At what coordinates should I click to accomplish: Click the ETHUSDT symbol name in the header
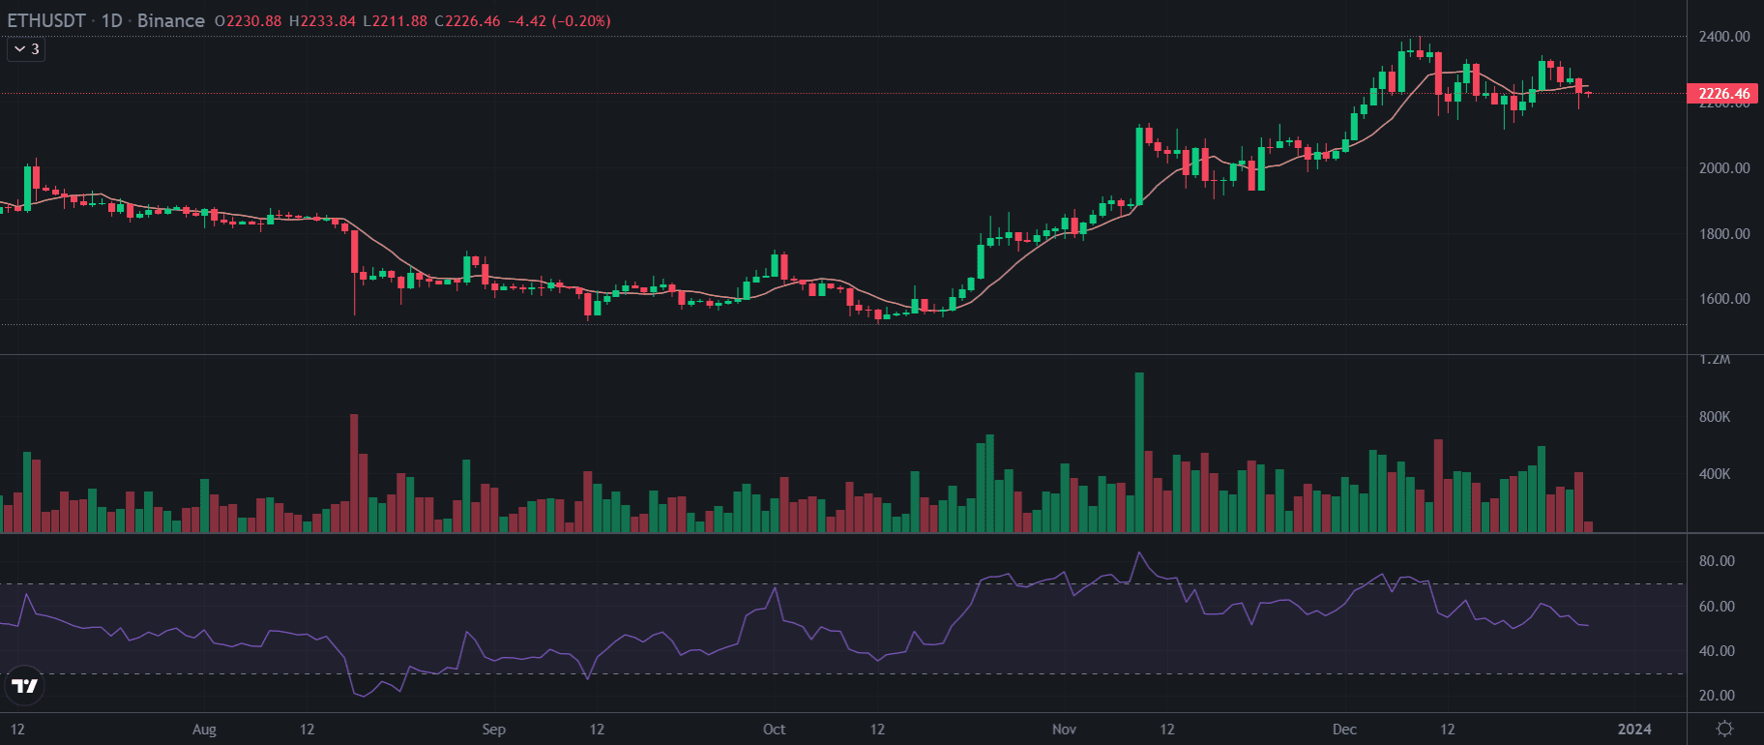pyautogui.click(x=46, y=20)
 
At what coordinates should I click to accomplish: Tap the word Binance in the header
pyautogui.click(x=171, y=20)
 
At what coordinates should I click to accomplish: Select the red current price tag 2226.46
pyautogui.click(x=1723, y=94)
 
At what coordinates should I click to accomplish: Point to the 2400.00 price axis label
pyautogui.click(x=1723, y=37)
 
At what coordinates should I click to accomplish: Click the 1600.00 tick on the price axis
pyautogui.click(x=1723, y=299)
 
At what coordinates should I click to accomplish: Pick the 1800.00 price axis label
pyautogui.click(x=1723, y=234)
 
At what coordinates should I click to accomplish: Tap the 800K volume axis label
pyautogui.click(x=1715, y=417)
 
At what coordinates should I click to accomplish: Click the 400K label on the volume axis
pyautogui.click(x=1715, y=474)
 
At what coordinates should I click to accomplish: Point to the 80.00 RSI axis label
pyautogui.click(x=1717, y=561)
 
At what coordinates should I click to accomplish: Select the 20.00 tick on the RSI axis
pyautogui.click(x=1717, y=696)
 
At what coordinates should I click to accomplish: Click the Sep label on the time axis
pyautogui.click(x=493, y=730)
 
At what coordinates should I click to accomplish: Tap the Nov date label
pyautogui.click(x=1064, y=730)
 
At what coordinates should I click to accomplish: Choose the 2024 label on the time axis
pyautogui.click(x=1634, y=730)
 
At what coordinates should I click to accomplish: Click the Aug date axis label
pyautogui.click(x=204, y=730)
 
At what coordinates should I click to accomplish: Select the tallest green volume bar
pyautogui.click(x=1139, y=453)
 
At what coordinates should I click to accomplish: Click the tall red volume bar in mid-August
pyautogui.click(x=354, y=473)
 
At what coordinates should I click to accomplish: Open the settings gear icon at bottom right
pyautogui.click(x=1724, y=729)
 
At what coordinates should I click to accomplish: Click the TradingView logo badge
pyautogui.click(x=24, y=686)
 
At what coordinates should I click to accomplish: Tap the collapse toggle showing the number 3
pyautogui.click(x=26, y=48)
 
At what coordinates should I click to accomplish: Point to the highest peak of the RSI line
pyautogui.click(x=1139, y=552)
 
